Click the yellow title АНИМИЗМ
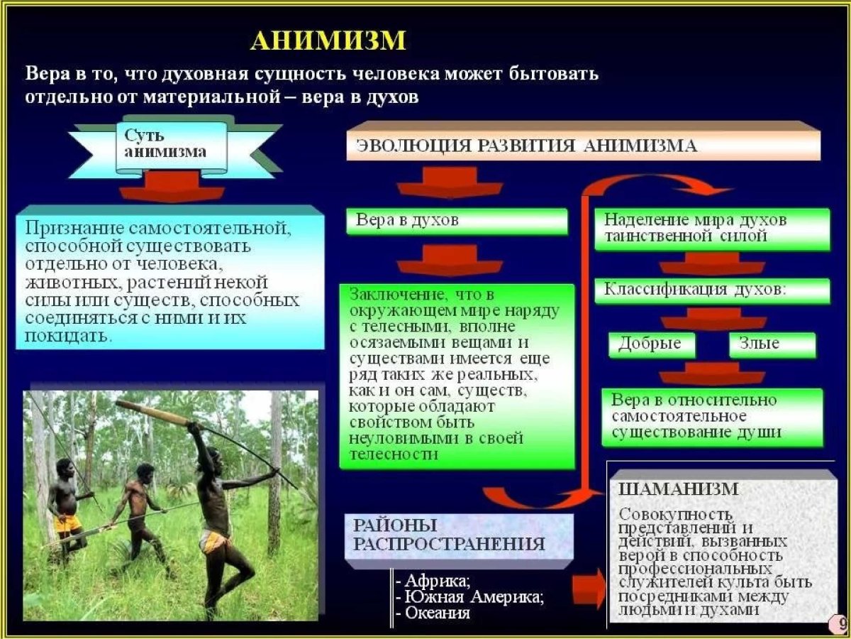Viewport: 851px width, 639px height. pyautogui.click(x=328, y=40)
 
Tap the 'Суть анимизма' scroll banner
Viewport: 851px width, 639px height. pyautogui.click(x=172, y=148)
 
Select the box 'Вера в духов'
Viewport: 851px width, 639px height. pyautogui.click(x=457, y=221)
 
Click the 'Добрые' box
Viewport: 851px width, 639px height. pyautogui.click(x=652, y=344)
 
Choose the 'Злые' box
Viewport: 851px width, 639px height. pyautogui.click(x=772, y=344)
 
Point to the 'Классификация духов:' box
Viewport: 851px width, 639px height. pyautogui.click(x=712, y=290)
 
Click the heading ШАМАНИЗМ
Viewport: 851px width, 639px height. pyautogui.click(x=679, y=489)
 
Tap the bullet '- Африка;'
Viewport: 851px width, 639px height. pyautogui.click(x=433, y=581)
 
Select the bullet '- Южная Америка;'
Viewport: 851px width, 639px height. pyautogui.click(x=470, y=597)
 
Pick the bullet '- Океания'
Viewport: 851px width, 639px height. pyautogui.click(x=433, y=613)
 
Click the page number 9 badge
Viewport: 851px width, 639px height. pyautogui.click(x=840, y=625)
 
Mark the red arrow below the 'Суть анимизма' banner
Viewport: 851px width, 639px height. pyautogui.click(x=172, y=187)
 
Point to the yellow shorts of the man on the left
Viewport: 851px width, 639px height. pyautogui.click(x=68, y=523)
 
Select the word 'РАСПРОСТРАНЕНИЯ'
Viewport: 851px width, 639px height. pyautogui.click(x=449, y=545)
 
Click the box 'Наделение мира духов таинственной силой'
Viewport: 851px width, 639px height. pyautogui.click(x=712, y=229)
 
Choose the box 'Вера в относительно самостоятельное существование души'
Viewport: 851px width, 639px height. pyautogui.click(x=712, y=417)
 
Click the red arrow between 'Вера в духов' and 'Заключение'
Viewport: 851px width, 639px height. pyautogui.click(x=450, y=260)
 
